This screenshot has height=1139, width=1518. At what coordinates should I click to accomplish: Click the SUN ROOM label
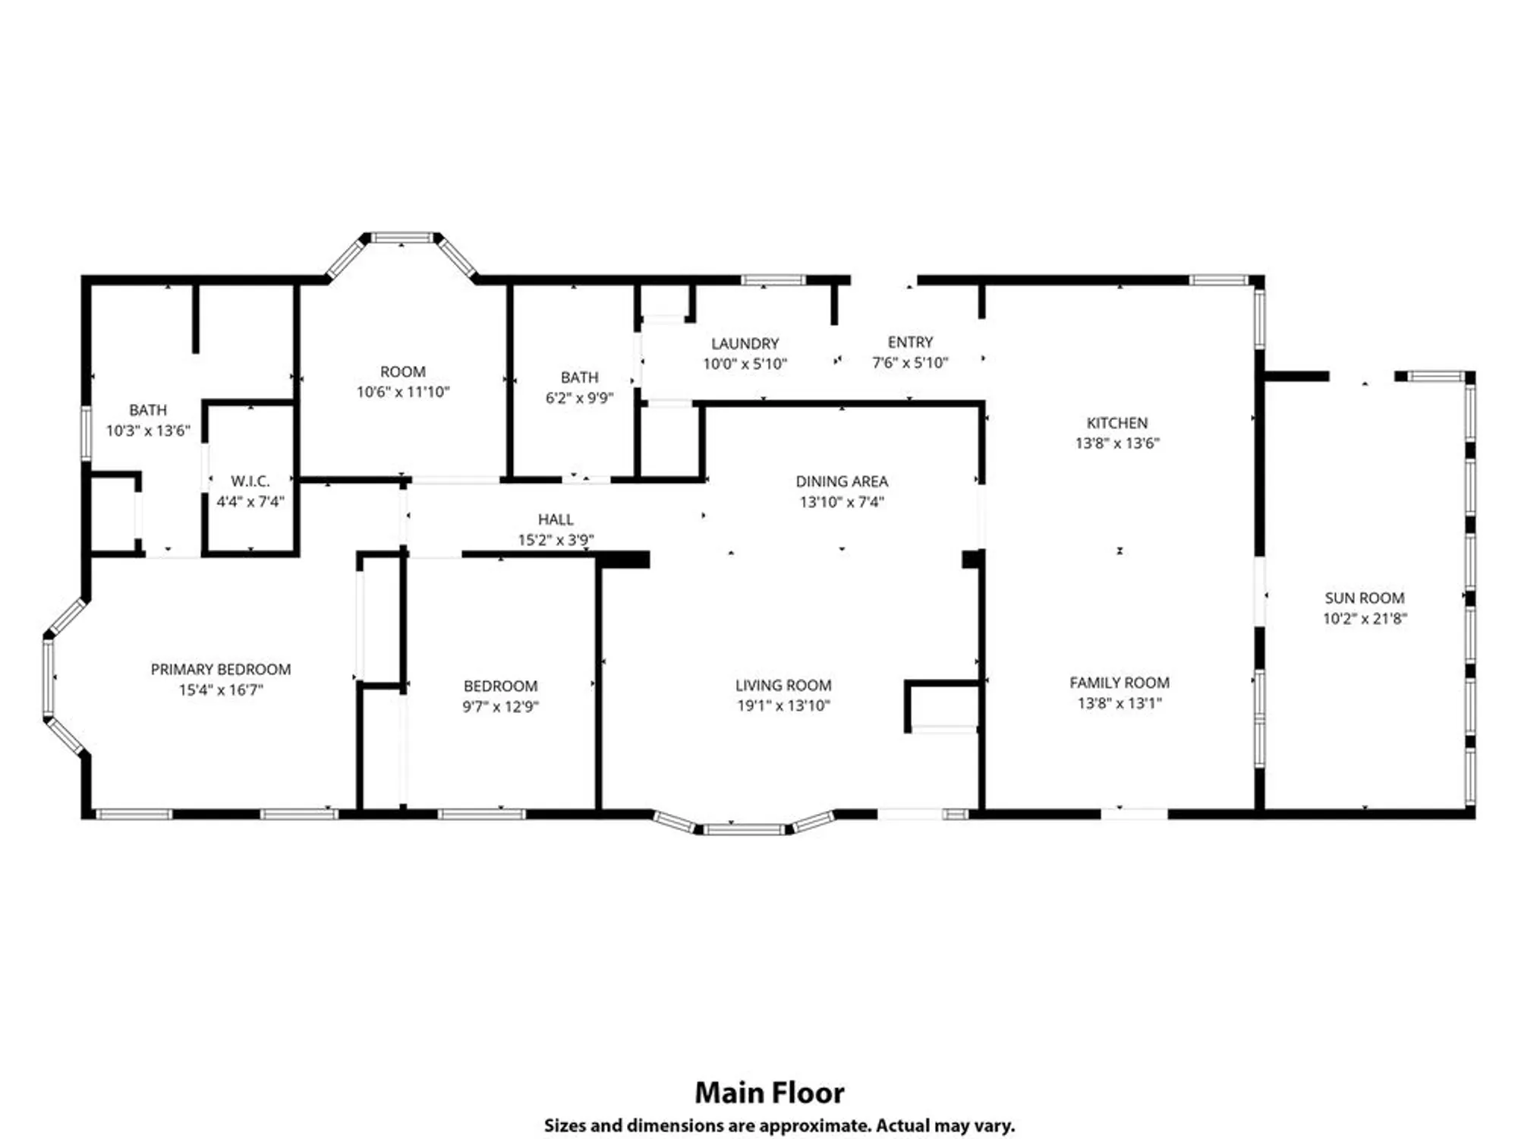point(1364,598)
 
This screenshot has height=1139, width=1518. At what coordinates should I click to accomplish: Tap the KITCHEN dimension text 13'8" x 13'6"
point(1117,443)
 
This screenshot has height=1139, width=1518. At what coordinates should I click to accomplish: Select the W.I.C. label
point(250,481)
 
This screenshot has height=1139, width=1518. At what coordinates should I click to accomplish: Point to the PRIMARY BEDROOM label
point(221,670)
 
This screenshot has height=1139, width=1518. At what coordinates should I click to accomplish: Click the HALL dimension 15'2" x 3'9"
point(556,540)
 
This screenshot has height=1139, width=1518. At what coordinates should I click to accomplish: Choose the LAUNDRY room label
point(745,344)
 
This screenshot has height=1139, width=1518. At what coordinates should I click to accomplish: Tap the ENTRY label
point(910,342)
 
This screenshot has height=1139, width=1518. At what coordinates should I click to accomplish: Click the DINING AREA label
point(842,481)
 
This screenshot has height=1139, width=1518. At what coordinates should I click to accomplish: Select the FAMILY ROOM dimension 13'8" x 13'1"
point(1120,703)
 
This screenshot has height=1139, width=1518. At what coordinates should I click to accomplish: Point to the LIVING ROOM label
point(783,686)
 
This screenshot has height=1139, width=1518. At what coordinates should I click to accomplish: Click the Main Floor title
point(769,1093)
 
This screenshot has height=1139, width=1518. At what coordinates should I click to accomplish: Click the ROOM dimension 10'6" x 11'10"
point(403,393)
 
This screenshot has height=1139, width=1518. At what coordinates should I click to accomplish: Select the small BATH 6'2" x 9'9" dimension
point(579,398)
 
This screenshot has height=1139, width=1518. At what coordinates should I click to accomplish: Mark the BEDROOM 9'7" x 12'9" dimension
point(500,707)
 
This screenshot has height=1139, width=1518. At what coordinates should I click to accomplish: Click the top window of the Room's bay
point(402,238)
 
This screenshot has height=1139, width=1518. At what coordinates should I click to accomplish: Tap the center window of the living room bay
point(743,830)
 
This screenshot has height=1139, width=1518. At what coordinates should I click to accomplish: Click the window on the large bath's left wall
point(86,433)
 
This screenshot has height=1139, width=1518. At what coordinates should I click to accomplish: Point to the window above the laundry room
point(773,280)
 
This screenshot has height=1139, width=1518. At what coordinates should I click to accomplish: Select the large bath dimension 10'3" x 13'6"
point(148,431)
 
